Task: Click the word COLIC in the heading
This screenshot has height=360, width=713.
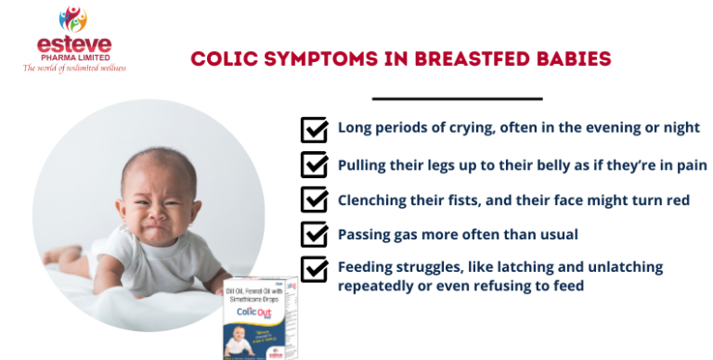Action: coord(222,59)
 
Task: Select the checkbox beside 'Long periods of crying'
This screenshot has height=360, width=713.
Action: coord(314,129)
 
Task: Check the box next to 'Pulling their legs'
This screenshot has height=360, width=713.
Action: coord(314,164)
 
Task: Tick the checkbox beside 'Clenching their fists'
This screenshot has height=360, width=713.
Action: coord(314,199)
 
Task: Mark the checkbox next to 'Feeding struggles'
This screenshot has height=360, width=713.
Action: coord(314,269)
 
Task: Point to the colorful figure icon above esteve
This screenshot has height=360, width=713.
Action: coord(72,19)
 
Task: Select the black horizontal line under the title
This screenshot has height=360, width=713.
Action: coord(457,97)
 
